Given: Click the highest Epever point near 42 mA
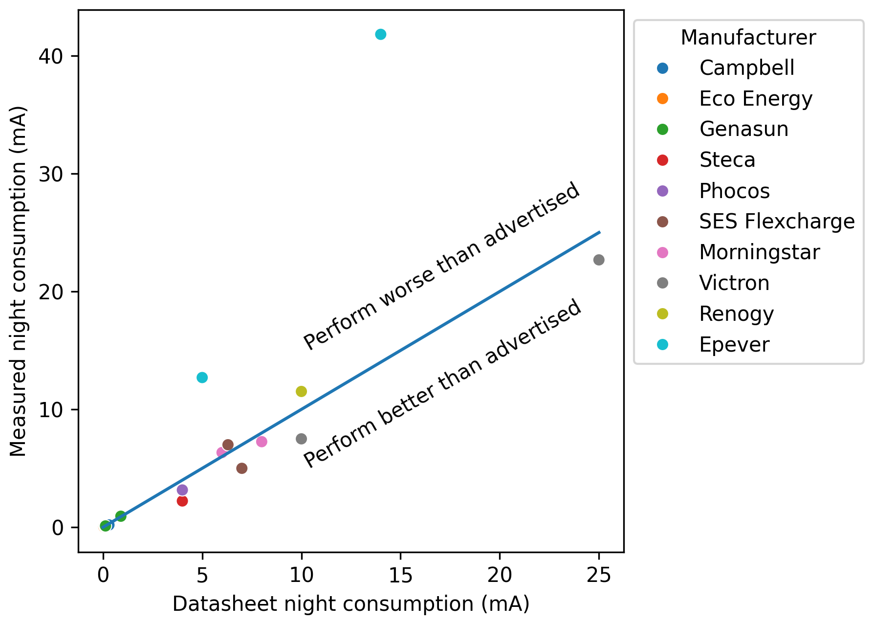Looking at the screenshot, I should pyautogui.click(x=381, y=34).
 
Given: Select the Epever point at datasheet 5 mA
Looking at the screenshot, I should pyautogui.click(x=202, y=378).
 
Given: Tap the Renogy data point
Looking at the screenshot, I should pyautogui.click(x=301, y=391).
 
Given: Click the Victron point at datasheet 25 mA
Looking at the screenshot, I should pyautogui.click(x=599, y=260).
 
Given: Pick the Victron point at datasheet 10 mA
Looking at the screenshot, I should pyautogui.click(x=301, y=439).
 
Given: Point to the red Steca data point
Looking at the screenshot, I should pyautogui.click(x=182, y=501).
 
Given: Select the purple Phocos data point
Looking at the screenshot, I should pyautogui.click(x=182, y=490).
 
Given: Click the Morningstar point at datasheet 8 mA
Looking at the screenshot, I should pyautogui.click(x=262, y=442).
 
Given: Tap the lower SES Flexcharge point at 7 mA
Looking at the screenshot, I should pyautogui.click(x=241, y=468).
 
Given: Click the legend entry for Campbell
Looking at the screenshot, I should pyautogui.click(x=746, y=68).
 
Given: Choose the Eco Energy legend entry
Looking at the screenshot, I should pyautogui.click(x=755, y=99).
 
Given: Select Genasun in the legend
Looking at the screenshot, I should pyautogui.click(x=743, y=130).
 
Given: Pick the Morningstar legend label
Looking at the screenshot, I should pyautogui.click(x=759, y=252).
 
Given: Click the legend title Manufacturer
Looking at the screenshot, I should pyautogui.click(x=748, y=38).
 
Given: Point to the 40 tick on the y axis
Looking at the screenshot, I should pyautogui.click(x=51, y=56).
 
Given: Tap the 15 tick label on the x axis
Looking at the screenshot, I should pyautogui.click(x=400, y=576).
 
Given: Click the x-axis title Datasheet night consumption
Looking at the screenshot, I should pyautogui.click(x=351, y=604).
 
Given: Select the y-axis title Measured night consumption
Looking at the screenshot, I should pyautogui.click(x=19, y=281).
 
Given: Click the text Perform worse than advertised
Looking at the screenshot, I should pyautogui.click(x=441, y=266).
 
